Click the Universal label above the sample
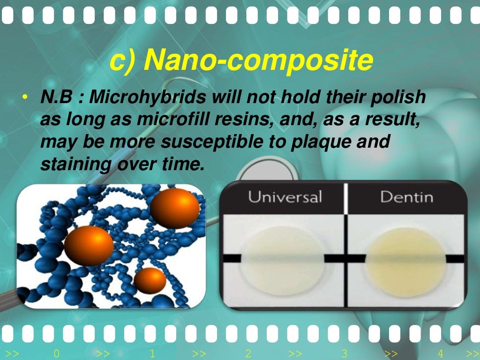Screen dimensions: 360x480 [285, 196]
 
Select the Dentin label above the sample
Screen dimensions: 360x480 [406, 196]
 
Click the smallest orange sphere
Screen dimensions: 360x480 [150, 280]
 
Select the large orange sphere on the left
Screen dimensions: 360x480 [89, 245]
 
